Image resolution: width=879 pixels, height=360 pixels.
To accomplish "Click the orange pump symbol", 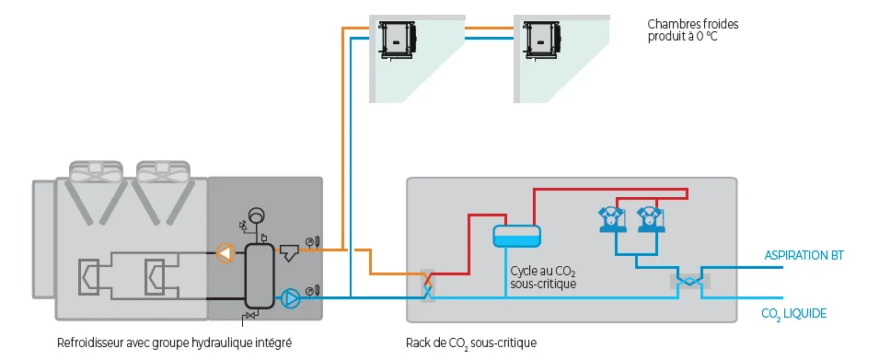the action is (x=225, y=253).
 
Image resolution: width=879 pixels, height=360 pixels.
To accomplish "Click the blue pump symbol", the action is (x=290, y=298).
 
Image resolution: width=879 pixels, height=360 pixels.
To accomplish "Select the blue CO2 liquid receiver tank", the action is (x=516, y=236).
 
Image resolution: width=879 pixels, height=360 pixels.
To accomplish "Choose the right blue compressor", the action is (x=651, y=219).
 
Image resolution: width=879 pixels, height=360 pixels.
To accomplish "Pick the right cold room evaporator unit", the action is (x=541, y=40).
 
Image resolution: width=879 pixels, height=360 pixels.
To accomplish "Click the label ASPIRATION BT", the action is (x=804, y=256).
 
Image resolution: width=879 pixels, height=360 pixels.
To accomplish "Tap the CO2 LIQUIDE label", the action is (x=793, y=313).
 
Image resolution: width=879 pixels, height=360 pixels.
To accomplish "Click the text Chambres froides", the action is (x=693, y=25).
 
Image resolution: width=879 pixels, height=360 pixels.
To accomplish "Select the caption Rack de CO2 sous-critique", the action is (x=471, y=343).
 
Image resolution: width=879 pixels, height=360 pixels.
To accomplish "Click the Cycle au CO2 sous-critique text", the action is (x=543, y=278).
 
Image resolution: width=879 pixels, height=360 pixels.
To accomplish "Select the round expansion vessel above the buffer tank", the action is (x=258, y=215).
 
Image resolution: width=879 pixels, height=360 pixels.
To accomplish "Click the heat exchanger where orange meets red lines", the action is (x=428, y=285).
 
